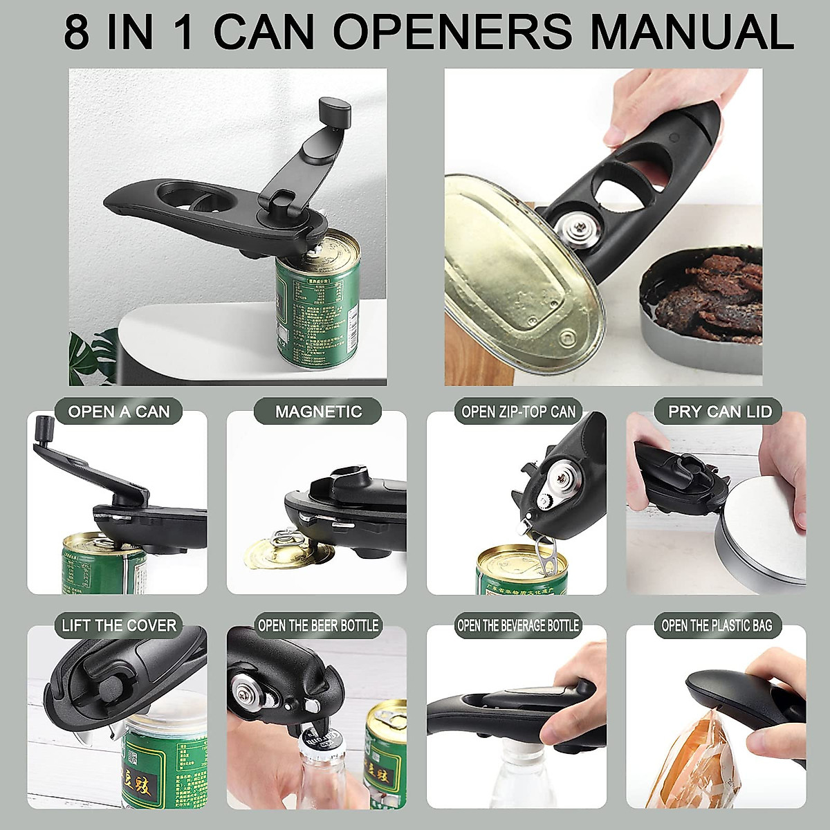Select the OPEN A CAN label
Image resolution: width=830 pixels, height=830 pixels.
click(x=119, y=412)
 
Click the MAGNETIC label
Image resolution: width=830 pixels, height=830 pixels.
click(x=318, y=412)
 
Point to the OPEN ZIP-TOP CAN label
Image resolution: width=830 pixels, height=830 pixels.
click(x=518, y=412)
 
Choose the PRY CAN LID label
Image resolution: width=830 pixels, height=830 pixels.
click(x=719, y=412)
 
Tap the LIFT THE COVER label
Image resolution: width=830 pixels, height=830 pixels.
click(x=119, y=626)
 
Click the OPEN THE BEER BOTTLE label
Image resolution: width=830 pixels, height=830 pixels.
click(x=318, y=626)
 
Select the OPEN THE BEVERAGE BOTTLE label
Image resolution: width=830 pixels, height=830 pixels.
click(x=518, y=626)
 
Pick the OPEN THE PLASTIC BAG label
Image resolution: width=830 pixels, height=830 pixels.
click(x=717, y=626)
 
